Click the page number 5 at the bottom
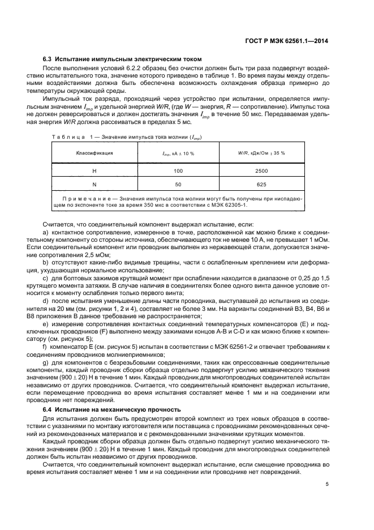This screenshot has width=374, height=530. pos(327,484)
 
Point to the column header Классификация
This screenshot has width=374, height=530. pos(94,153)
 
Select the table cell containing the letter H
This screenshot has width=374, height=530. pos(94,170)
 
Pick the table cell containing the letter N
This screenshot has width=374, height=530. pos(94,185)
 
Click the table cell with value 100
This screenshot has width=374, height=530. pos(178,170)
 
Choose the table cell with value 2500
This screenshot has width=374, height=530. pos(261,170)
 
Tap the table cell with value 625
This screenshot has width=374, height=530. pos(261,185)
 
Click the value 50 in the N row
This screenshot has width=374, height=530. pos(178,185)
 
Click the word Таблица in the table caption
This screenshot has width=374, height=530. pos(59,137)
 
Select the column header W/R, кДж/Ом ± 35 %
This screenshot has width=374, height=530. pos(261,153)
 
